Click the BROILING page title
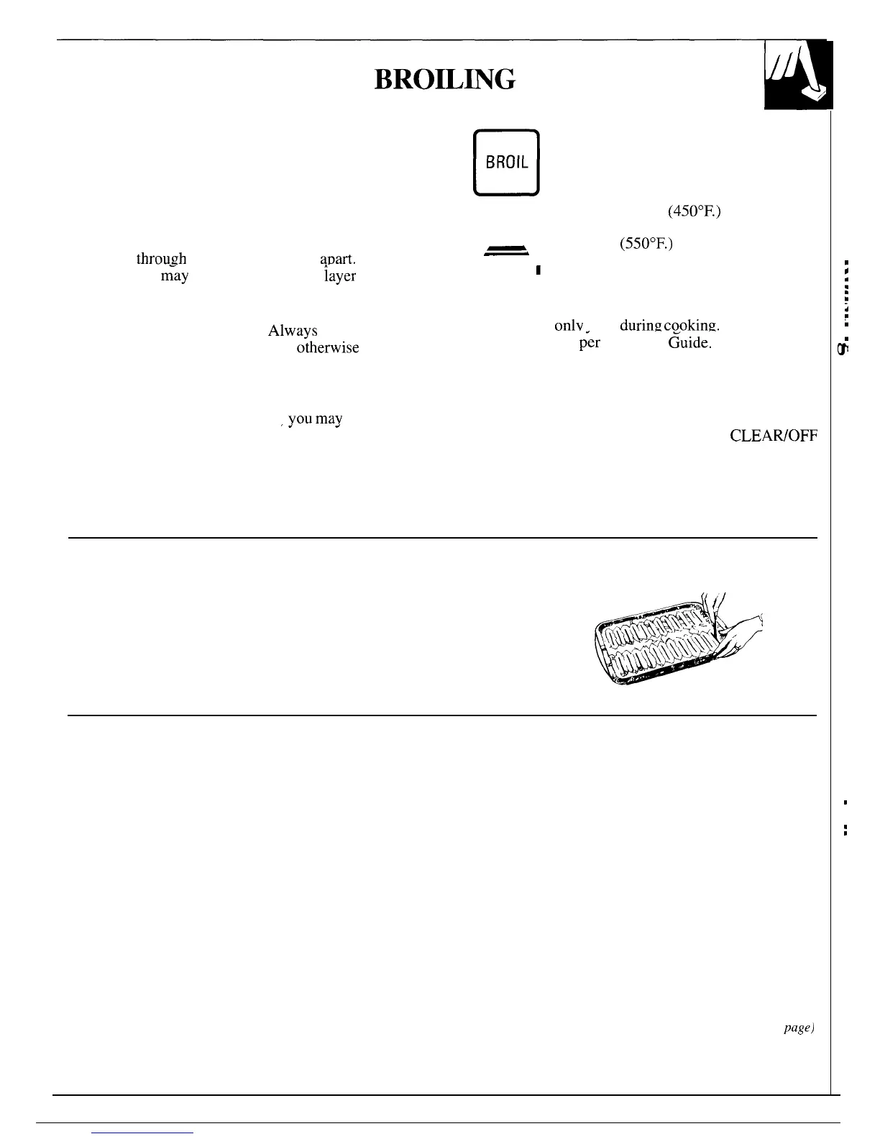pyautogui.click(x=444, y=80)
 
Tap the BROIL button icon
pyautogui.click(x=507, y=163)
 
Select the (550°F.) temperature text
pyautogui.click(x=645, y=244)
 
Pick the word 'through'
pyautogui.click(x=162, y=259)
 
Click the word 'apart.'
pyautogui.click(x=337, y=259)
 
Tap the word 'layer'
pyautogui.click(x=339, y=276)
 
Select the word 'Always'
pyautogui.click(x=293, y=331)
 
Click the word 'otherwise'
pyautogui.click(x=328, y=348)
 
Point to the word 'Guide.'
pyautogui.click(x=689, y=343)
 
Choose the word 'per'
pyautogui.click(x=590, y=343)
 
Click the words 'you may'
pyautogui.click(x=314, y=419)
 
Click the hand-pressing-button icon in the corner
pyautogui.click(x=796, y=76)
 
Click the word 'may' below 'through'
pyautogui.click(x=175, y=276)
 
